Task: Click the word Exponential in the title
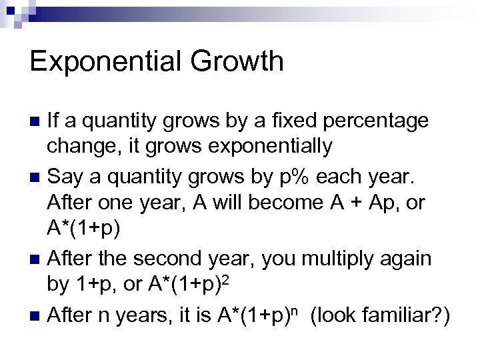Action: coord(103,62)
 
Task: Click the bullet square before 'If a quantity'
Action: coord(37,122)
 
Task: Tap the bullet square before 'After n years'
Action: coord(37,313)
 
